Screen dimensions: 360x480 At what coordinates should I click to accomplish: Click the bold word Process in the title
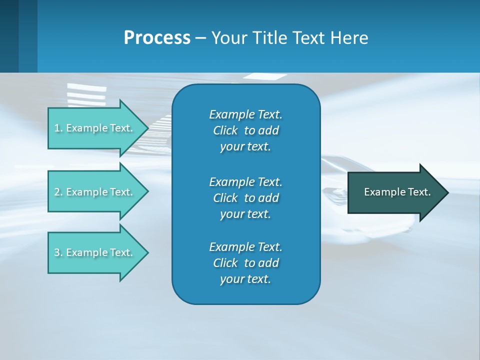(157, 38)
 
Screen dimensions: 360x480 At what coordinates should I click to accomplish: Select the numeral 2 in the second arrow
(57, 192)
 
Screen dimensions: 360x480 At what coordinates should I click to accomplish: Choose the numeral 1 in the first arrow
(57, 128)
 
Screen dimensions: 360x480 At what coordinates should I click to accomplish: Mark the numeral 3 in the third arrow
(57, 252)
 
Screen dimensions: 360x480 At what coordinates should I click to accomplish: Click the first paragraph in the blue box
(245, 130)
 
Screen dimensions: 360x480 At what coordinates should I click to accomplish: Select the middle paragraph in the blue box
(245, 197)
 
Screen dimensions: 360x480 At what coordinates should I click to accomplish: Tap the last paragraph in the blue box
(245, 263)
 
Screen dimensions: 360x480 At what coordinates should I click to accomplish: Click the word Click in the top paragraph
(225, 130)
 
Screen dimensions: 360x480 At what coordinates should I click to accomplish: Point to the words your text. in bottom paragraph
(245, 279)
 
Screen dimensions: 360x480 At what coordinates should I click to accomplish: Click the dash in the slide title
(200, 38)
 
